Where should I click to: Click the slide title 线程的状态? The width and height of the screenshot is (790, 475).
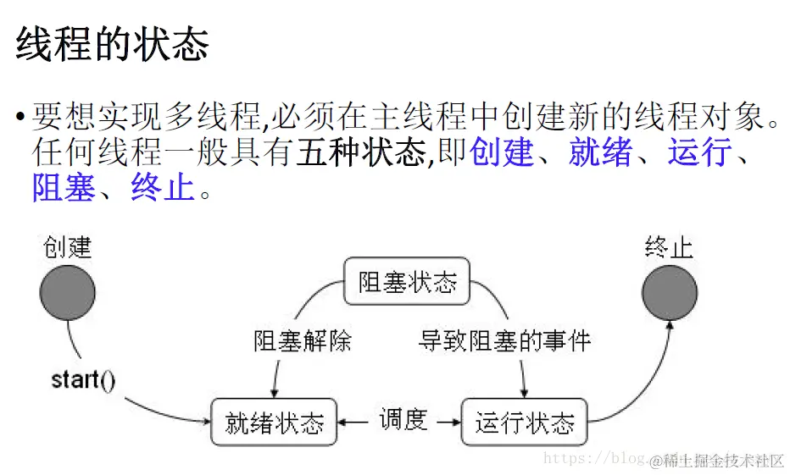(x=112, y=44)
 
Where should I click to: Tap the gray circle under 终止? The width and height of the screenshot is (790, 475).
(x=670, y=294)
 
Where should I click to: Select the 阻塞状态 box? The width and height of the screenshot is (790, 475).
(x=407, y=282)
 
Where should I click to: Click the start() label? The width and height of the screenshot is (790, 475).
(x=83, y=379)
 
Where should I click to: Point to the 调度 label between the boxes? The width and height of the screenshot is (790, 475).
(x=403, y=419)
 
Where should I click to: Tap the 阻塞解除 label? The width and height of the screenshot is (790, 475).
(x=303, y=341)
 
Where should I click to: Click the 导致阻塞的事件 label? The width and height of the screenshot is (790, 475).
(x=504, y=341)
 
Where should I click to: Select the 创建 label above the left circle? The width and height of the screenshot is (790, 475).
(x=67, y=247)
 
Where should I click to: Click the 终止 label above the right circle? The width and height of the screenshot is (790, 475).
(x=669, y=247)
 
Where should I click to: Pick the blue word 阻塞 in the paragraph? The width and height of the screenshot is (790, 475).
(x=64, y=188)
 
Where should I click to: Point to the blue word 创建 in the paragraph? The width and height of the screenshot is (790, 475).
(x=502, y=152)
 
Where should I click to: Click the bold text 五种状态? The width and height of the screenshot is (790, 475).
(x=361, y=152)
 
